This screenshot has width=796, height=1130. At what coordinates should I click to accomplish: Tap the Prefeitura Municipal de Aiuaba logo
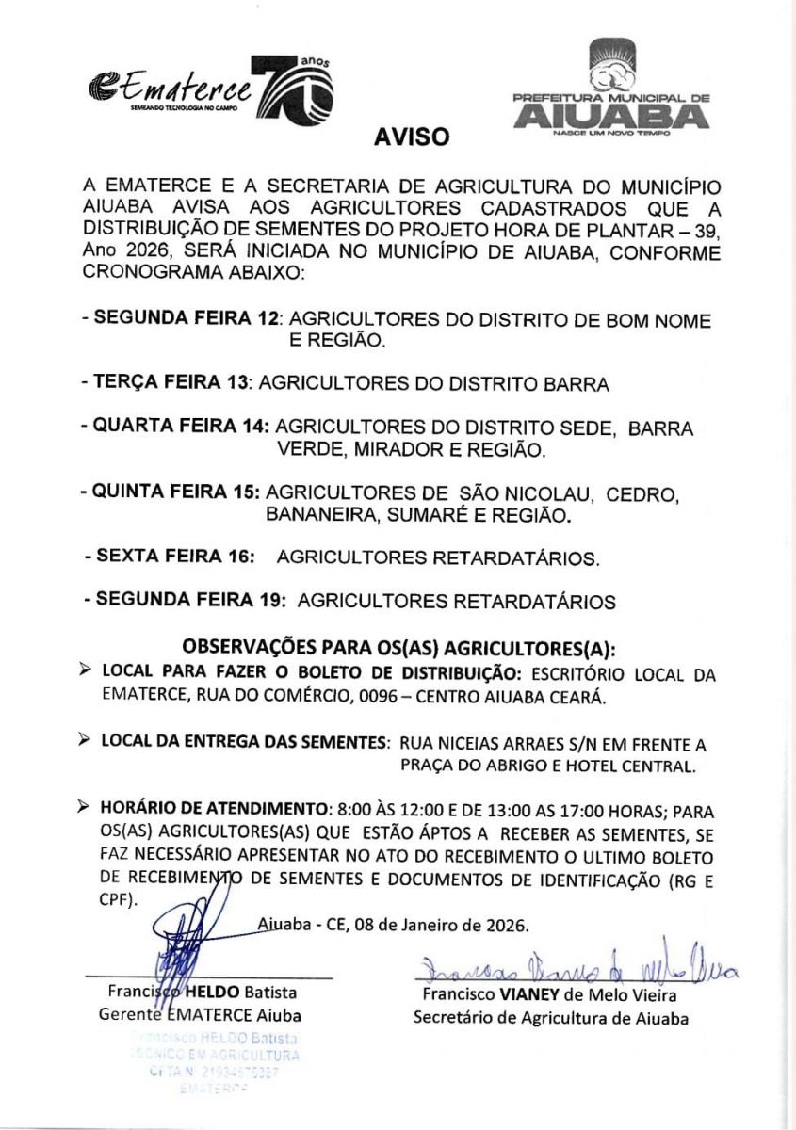click(610, 90)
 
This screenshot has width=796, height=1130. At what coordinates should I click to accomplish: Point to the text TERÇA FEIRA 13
click(171, 384)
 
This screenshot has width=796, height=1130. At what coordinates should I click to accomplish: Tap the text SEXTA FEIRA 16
click(174, 557)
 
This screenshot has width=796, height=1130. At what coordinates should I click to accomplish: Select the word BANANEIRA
click(317, 516)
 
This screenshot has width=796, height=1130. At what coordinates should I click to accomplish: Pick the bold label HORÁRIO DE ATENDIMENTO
click(213, 808)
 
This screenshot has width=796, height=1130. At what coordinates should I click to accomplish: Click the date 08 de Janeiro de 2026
click(441, 924)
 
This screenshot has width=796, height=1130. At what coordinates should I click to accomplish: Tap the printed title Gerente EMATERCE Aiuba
click(201, 1015)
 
